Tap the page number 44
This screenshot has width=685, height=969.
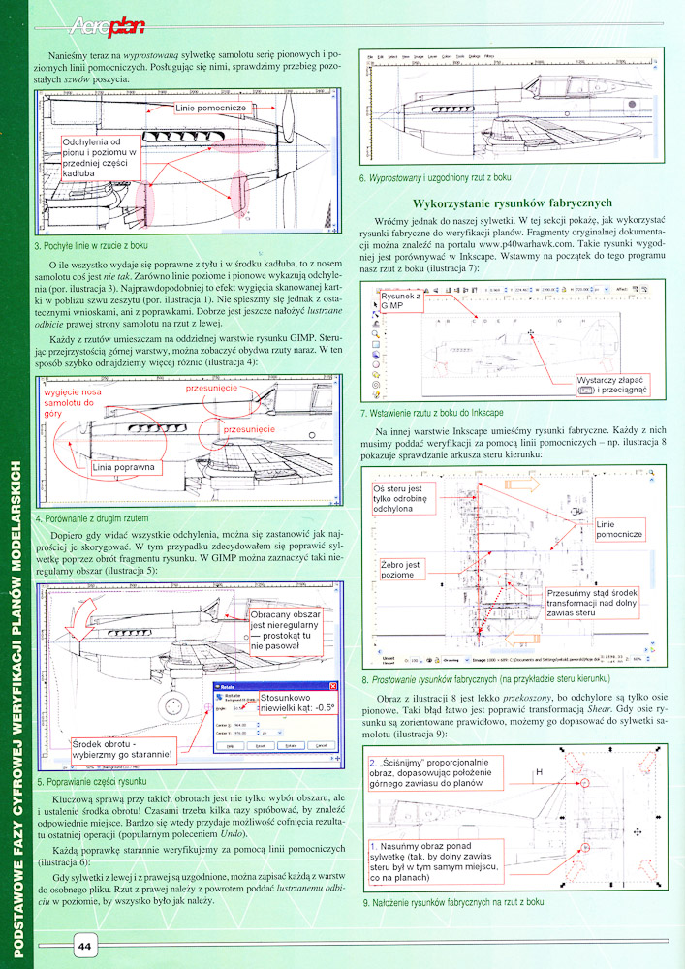tap(84, 945)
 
